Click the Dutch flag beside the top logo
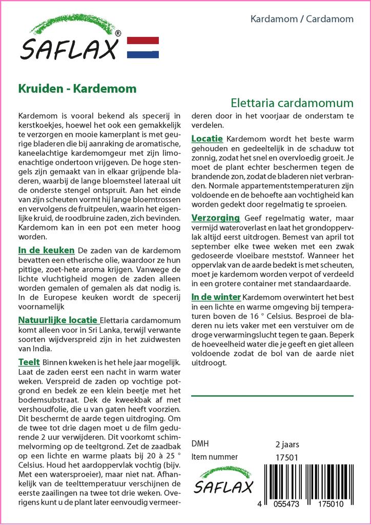(142, 47)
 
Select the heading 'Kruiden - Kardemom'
(77, 88)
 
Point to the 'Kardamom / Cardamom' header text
(302, 19)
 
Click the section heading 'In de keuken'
(46, 250)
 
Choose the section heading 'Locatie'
(207, 138)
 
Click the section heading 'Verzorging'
(215, 218)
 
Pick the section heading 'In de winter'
(216, 297)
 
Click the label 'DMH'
(200, 443)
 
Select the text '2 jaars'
(287, 444)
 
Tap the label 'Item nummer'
(214, 457)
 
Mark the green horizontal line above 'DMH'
(272, 396)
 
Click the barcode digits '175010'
(332, 504)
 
